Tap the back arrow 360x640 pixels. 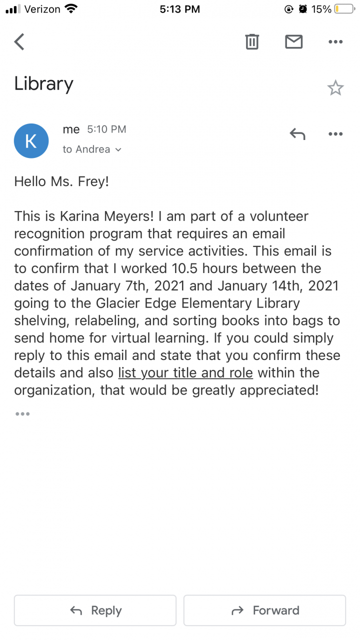point(19,42)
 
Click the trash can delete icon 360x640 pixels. point(252,42)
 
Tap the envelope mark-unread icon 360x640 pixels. point(294,42)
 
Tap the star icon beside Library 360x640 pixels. point(335,88)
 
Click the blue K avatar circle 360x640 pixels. point(31,141)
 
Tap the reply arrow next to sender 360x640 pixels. point(297,134)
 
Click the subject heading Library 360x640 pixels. point(44,84)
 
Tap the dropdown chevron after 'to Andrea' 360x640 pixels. point(118,149)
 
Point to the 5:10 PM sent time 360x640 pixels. point(106,129)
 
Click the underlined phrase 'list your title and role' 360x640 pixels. point(185,373)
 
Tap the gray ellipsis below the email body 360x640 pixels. point(22,414)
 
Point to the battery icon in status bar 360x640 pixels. point(344,9)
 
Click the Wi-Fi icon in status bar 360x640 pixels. point(71,9)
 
